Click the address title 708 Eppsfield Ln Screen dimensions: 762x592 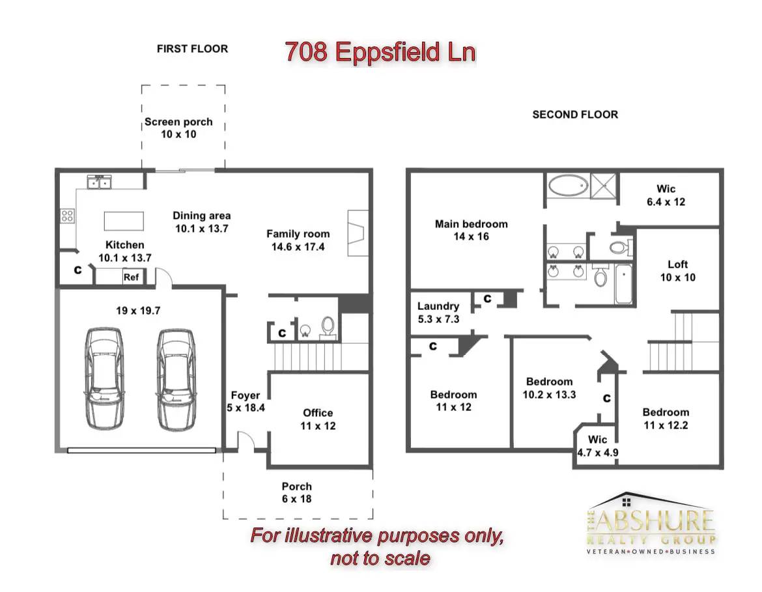click(x=380, y=52)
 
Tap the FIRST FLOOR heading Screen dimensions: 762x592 click(x=192, y=49)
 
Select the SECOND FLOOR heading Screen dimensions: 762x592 click(x=575, y=115)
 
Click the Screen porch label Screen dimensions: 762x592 click(x=179, y=122)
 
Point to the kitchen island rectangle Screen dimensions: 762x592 click(x=124, y=221)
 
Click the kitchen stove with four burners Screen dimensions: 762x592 click(x=67, y=216)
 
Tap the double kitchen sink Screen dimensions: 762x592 click(x=99, y=182)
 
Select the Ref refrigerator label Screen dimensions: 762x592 click(x=131, y=277)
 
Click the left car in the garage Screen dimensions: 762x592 click(x=104, y=378)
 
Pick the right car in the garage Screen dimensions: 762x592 click(x=176, y=379)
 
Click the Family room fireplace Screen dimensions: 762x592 click(x=358, y=233)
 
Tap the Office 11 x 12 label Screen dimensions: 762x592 click(x=318, y=419)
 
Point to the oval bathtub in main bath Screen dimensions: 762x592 click(x=568, y=185)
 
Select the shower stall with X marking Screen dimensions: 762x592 click(x=603, y=186)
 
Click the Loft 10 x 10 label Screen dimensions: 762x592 click(x=677, y=271)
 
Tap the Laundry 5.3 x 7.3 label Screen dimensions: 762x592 click(x=438, y=313)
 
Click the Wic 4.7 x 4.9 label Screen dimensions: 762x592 click(x=598, y=446)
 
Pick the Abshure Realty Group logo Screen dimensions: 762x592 click(x=651, y=524)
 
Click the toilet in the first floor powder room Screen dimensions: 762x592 click(x=328, y=327)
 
